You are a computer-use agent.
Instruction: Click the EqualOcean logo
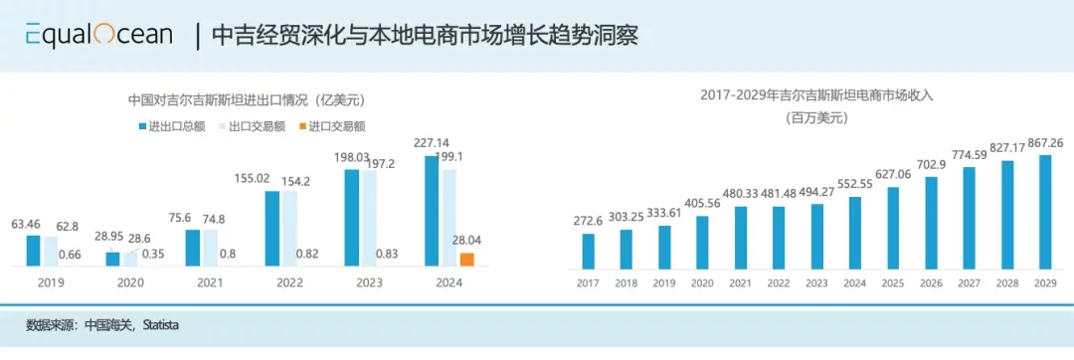click(x=98, y=36)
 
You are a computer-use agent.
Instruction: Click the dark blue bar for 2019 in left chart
click(x=34, y=251)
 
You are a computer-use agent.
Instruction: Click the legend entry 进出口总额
click(x=172, y=126)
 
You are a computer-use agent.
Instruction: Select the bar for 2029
click(x=1045, y=212)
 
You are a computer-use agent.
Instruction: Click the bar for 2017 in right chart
click(x=589, y=253)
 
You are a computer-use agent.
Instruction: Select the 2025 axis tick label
click(x=893, y=283)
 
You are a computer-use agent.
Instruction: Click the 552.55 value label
click(x=855, y=185)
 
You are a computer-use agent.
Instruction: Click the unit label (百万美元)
click(x=814, y=117)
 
